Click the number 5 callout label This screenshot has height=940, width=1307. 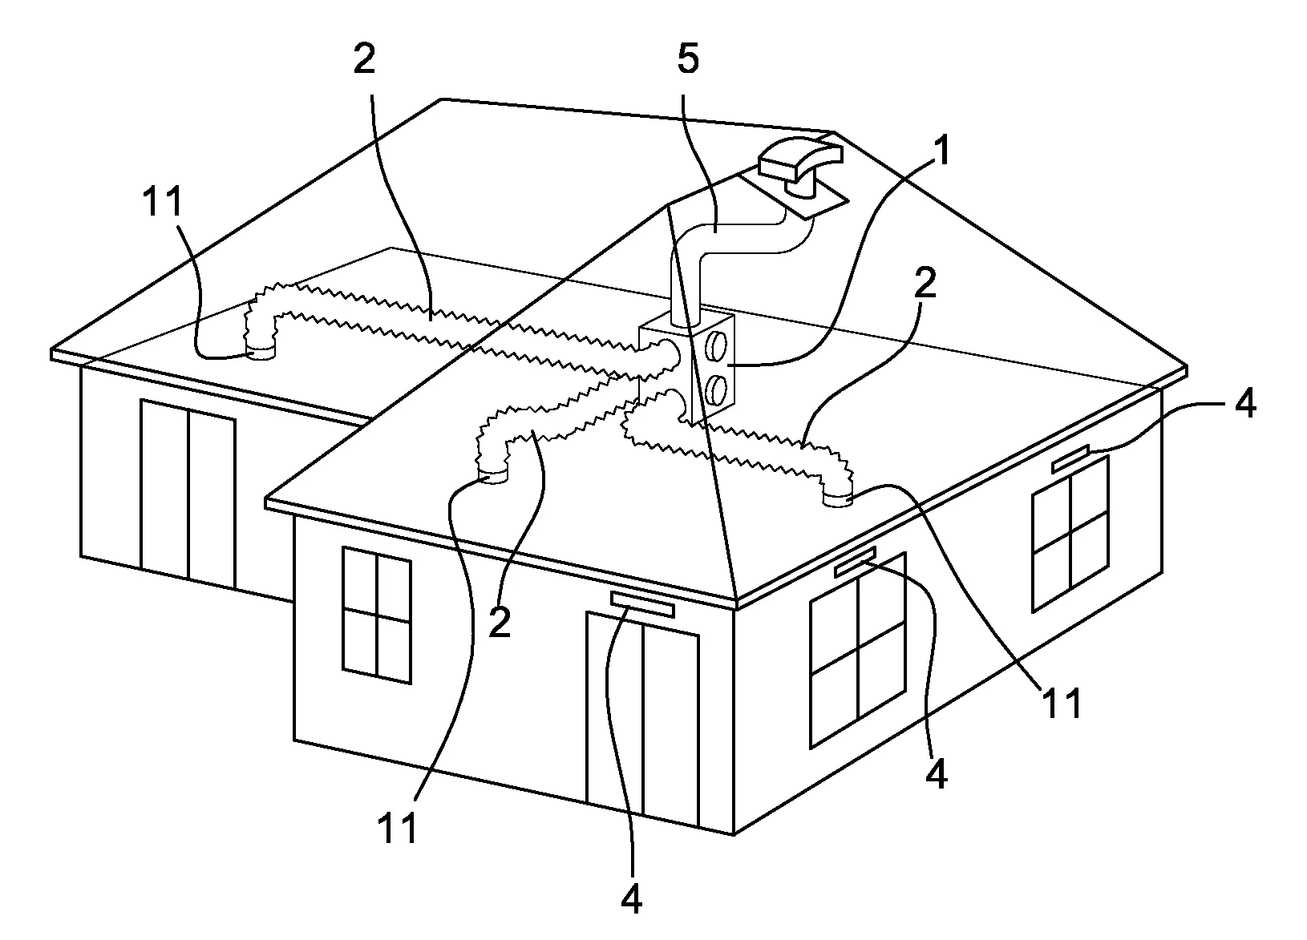[x=688, y=59]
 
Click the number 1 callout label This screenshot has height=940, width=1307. [x=941, y=151]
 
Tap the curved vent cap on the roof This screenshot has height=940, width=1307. [x=800, y=165]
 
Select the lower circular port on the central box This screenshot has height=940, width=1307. [x=714, y=389]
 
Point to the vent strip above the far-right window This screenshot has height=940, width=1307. [x=1070, y=458]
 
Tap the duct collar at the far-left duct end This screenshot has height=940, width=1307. [x=261, y=353]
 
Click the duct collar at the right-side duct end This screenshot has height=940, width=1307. [x=838, y=499]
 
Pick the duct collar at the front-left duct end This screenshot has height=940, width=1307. [x=493, y=476]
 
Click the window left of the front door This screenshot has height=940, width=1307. [x=377, y=615]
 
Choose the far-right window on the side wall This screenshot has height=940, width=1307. [x=1070, y=535]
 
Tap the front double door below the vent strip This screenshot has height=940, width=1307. [x=642, y=720]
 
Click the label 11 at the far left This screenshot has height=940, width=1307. [x=163, y=202]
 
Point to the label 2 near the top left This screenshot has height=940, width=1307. [x=365, y=59]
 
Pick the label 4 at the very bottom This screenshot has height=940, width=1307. [x=631, y=898]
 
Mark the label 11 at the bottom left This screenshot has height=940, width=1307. [x=398, y=828]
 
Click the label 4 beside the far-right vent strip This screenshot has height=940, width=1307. [x=1245, y=403]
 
